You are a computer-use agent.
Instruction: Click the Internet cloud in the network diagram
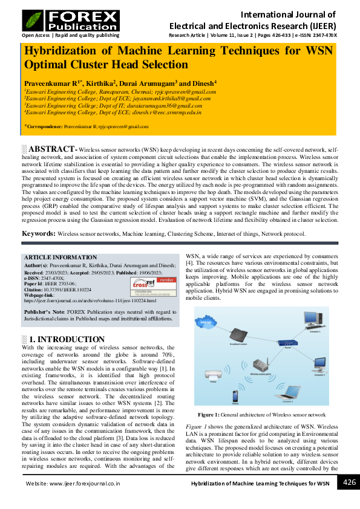coord(207,323)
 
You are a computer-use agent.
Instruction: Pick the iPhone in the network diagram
coord(235,395)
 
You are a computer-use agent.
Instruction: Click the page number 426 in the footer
coord(349,482)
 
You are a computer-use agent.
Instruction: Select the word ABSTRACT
coord(51,149)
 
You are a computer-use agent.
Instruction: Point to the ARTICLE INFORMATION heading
coord(60,258)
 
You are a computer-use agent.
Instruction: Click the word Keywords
coord(39,233)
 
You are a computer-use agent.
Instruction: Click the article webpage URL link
coord(90,300)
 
